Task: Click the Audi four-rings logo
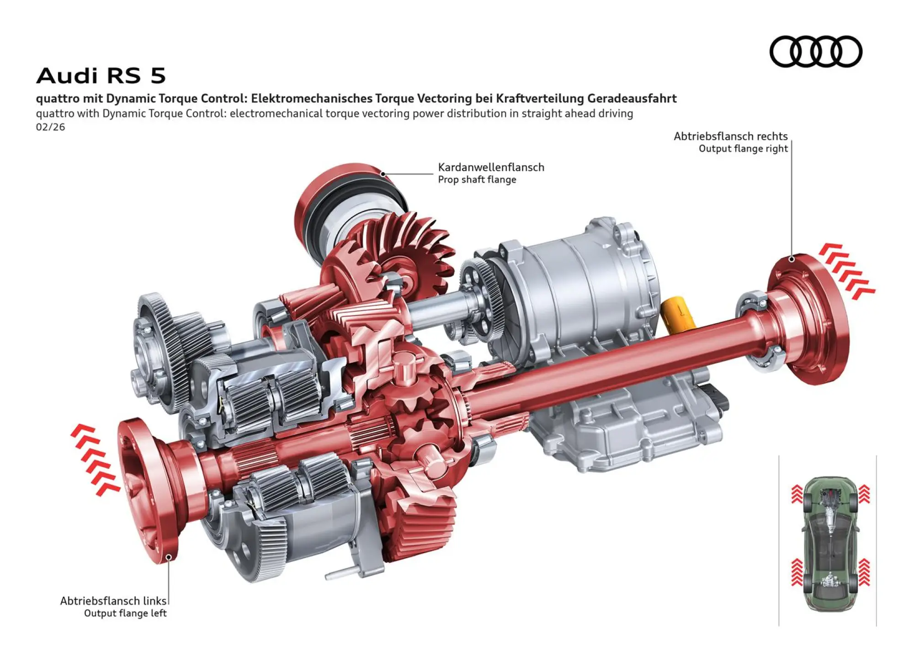[816, 51]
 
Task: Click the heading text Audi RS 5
[101, 75]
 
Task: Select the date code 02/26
[50, 127]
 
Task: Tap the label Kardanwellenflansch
[491, 167]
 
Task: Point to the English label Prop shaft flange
[477, 180]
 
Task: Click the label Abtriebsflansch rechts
[730, 136]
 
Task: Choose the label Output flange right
[743, 148]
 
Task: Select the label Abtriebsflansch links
[113, 600]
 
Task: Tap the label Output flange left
[125, 613]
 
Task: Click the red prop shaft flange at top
[329, 192]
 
